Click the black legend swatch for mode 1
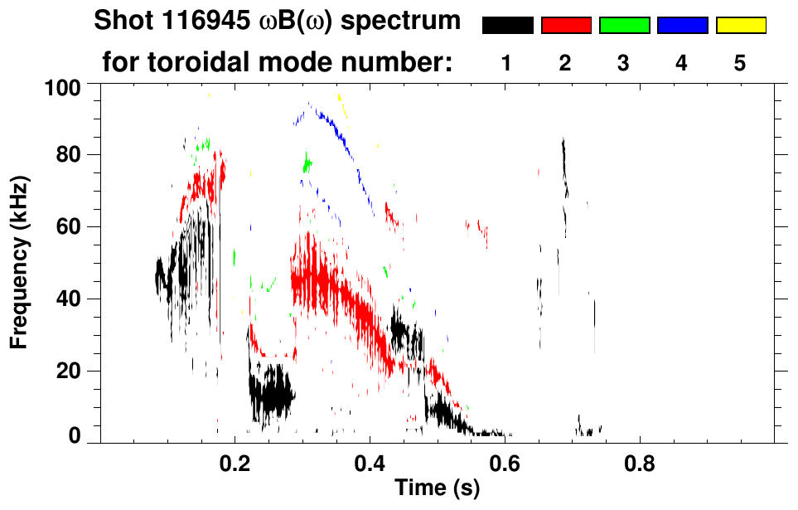click(508, 25)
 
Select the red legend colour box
click(567, 25)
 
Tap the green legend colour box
click(625, 25)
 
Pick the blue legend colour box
click(683, 25)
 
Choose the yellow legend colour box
click(741, 25)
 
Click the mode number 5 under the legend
click(739, 64)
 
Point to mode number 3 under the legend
click(623, 64)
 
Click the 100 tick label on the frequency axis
click(63, 88)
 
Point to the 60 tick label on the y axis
click(69, 226)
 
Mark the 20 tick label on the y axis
click(69, 371)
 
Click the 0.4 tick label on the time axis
click(370, 464)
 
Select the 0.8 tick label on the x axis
click(640, 464)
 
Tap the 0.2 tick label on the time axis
click(235, 464)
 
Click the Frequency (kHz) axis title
click(19, 263)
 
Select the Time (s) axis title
click(438, 488)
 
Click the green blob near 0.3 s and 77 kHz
click(307, 163)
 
